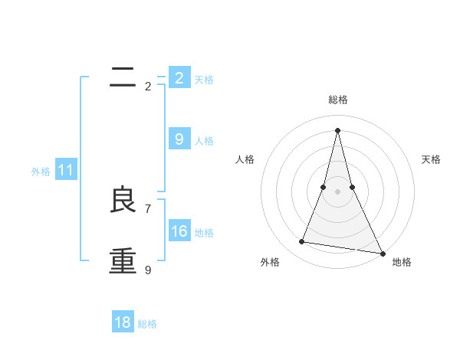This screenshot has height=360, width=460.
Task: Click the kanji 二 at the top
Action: (123, 76)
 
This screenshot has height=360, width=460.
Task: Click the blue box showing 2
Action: (179, 78)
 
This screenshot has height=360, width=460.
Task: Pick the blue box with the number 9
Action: (179, 139)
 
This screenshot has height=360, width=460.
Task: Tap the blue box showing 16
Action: (179, 231)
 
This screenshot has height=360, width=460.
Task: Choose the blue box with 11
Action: (65, 171)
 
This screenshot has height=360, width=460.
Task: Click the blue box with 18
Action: (123, 322)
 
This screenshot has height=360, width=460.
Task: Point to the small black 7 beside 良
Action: (148, 208)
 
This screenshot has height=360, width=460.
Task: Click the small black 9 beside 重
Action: (148, 270)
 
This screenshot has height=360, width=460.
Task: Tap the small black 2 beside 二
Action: (148, 87)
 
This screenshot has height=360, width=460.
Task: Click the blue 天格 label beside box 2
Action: (204, 79)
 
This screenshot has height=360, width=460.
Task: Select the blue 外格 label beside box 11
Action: (41, 172)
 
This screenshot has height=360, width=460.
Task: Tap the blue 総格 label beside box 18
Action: (147, 324)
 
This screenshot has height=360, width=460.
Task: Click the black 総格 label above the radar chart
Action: (338, 100)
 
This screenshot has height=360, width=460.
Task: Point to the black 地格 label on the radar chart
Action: (402, 262)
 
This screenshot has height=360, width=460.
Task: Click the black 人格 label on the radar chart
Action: (245, 159)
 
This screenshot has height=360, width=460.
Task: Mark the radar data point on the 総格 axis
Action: (338, 129)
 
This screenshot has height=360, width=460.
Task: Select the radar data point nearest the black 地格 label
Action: (382, 253)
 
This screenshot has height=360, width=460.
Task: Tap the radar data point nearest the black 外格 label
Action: (302, 242)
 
